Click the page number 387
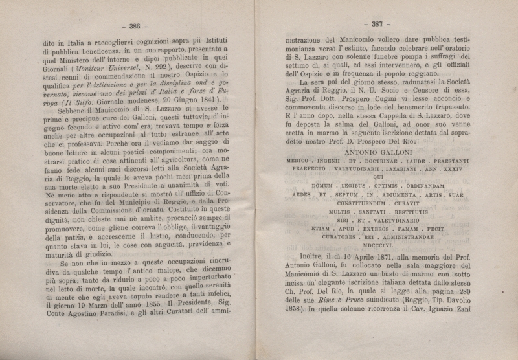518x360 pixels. [x=377, y=24]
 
